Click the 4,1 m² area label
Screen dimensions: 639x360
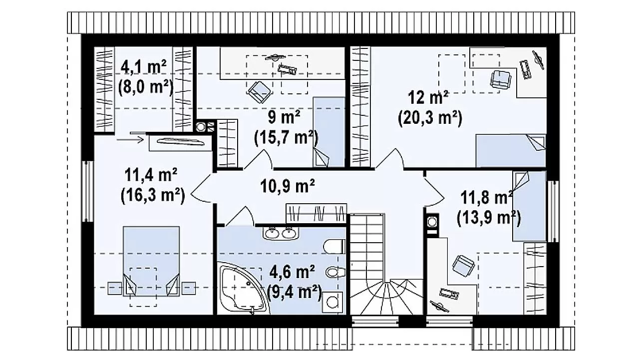point(143,67)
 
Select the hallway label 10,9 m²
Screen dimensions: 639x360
point(287,186)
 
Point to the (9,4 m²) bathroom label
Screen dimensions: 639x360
point(295,292)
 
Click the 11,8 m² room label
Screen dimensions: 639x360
point(486,198)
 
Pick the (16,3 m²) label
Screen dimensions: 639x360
point(153,195)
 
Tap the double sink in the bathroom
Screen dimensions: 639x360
point(281,233)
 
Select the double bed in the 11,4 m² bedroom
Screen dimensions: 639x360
point(151,261)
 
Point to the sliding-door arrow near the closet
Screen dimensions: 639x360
point(130,140)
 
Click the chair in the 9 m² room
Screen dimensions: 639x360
point(259,92)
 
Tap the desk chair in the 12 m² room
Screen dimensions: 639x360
point(500,79)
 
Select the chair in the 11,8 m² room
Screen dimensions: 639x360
point(464,266)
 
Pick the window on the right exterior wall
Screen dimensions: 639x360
point(553,211)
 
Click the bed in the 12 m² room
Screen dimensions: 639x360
point(511,151)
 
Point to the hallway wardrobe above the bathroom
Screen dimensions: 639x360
point(317,213)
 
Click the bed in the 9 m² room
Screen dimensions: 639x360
point(329,132)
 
